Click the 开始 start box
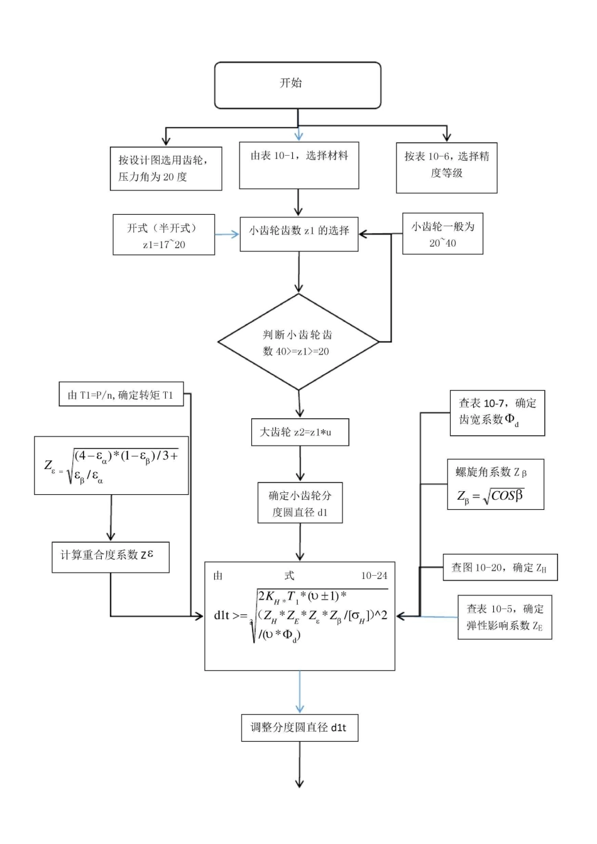(x=297, y=85)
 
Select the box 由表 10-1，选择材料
(x=298, y=165)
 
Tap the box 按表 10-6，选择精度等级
(x=446, y=167)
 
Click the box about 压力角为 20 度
(x=165, y=168)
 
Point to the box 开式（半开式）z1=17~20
(x=163, y=235)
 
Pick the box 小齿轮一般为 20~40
(x=442, y=234)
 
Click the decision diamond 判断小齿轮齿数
(x=298, y=342)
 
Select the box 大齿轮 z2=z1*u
(x=300, y=432)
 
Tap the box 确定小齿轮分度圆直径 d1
(x=300, y=502)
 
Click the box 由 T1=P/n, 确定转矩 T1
(x=121, y=394)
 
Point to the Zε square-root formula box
(x=111, y=465)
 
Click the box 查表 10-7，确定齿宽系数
(x=497, y=413)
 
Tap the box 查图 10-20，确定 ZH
(x=500, y=568)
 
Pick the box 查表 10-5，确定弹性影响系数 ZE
(x=505, y=617)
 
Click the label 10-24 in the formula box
(x=374, y=575)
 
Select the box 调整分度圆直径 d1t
(x=300, y=728)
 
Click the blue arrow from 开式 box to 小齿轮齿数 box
(x=227, y=234)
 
